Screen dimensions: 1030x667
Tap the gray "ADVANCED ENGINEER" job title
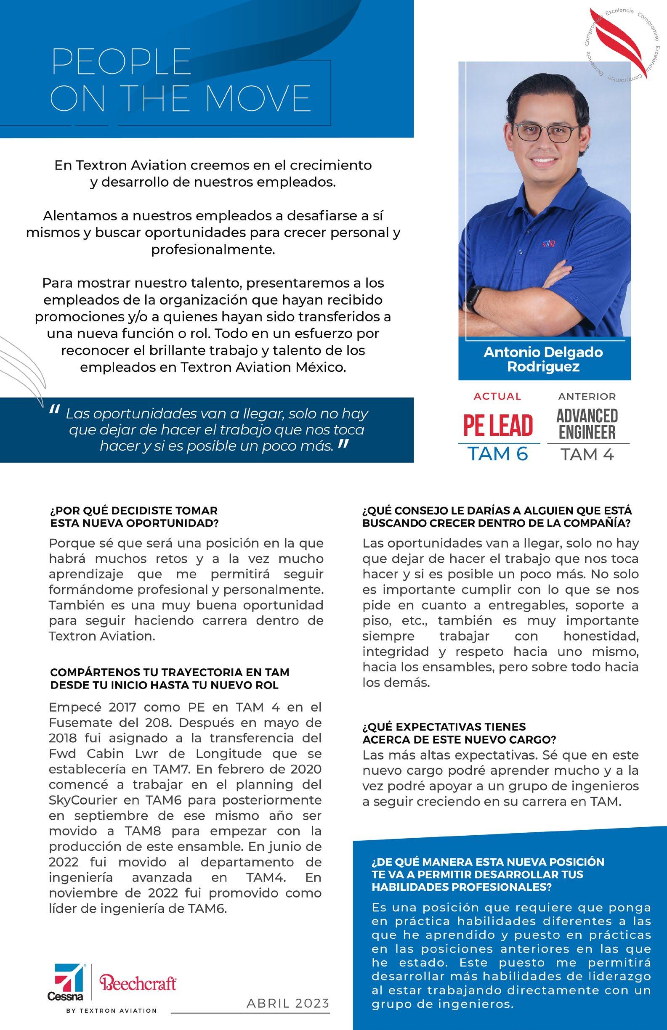coord(587,424)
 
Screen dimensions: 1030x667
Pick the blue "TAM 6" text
coord(498,454)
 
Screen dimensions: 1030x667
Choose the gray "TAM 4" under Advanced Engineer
coord(587,454)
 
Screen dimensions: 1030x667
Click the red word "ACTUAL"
coord(497,396)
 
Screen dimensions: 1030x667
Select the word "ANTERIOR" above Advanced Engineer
coord(587,396)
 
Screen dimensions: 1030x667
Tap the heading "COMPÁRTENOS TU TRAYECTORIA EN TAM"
coord(170,673)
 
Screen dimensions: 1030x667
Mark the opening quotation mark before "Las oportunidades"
coord(55,410)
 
